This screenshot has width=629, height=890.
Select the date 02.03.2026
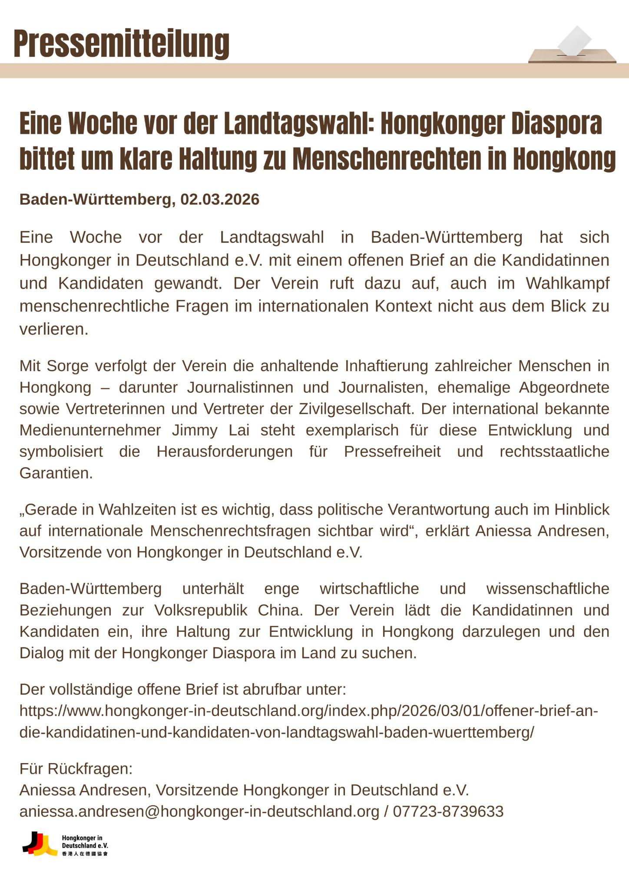click(x=220, y=199)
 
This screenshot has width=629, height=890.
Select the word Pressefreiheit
click(x=392, y=452)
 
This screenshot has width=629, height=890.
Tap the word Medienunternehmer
click(x=90, y=430)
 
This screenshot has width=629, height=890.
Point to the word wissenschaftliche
click(x=547, y=589)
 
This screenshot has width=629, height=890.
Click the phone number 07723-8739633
click(x=448, y=811)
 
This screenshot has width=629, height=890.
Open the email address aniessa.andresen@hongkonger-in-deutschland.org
click(x=199, y=811)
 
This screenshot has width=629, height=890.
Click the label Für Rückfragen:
click(x=76, y=769)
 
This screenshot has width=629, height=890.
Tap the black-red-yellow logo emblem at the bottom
click(x=40, y=844)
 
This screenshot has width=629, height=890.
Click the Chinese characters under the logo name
click(x=85, y=854)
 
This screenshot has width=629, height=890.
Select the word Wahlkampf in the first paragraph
click(x=567, y=283)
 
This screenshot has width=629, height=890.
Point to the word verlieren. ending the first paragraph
click(x=54, y=329)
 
